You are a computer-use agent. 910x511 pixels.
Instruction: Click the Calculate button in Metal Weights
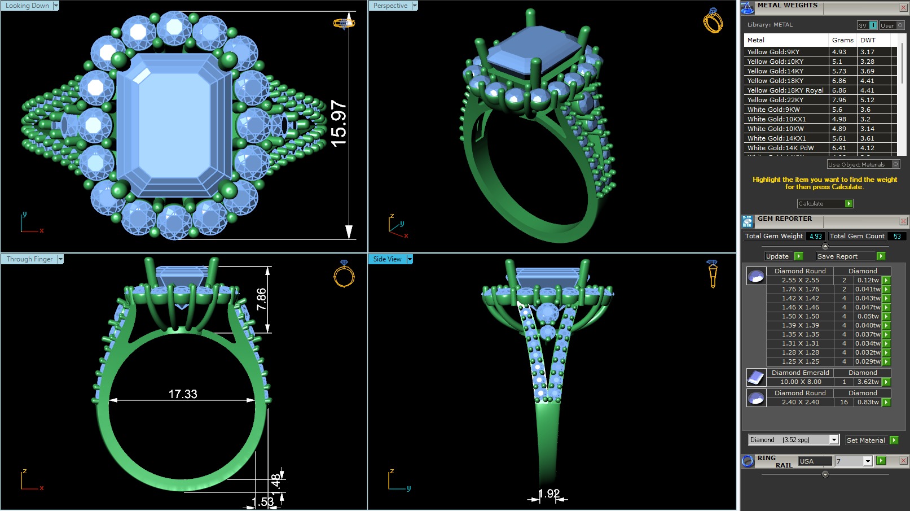[x=824, y=203]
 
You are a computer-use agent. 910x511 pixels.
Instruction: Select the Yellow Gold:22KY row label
[x=775, y=100]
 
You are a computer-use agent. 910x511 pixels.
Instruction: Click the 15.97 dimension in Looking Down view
[x=338, y=123]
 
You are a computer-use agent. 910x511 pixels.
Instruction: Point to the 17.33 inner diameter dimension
[x=183, y=394]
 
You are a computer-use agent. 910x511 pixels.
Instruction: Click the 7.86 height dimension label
[x=261, y=299]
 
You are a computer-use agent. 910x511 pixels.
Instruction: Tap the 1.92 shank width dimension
[x=548, y=493]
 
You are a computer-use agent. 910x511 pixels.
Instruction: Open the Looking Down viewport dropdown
[x=56, y=6]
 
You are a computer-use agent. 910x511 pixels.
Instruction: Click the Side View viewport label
[x=387, y=259]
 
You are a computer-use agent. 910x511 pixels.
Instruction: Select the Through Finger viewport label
[x=29, y=259]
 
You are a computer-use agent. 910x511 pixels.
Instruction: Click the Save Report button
[x=850, y=256]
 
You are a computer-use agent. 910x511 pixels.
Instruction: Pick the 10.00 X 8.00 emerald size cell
[x=800, y=382]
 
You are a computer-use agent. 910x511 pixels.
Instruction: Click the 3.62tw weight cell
[x=868, y=382]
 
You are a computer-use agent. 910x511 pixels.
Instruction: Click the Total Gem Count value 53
[x=896, y=236]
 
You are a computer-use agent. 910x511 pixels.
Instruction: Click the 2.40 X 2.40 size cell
[x=800, y=402]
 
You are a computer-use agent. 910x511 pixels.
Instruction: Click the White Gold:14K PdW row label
[x=780, y=148]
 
